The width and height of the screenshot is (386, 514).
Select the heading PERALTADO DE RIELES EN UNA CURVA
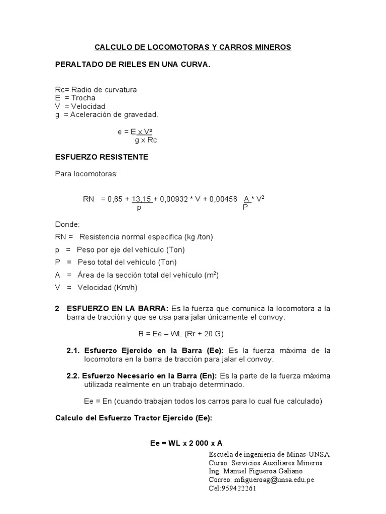click(x=133, y=65)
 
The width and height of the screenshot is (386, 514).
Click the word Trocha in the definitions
click(x=83, y=98)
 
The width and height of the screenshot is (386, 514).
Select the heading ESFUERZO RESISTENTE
click(x=102, y=157)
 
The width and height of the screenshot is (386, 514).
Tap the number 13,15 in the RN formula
click(x=142, y=199)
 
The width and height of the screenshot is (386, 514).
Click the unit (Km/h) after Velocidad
click(x=125, y=288)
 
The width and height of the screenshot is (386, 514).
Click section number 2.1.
click(x=74, y=350)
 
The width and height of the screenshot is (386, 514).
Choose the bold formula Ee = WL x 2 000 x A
click(x=186, y=443)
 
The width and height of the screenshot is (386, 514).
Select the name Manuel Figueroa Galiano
click(x=263, y=471)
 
